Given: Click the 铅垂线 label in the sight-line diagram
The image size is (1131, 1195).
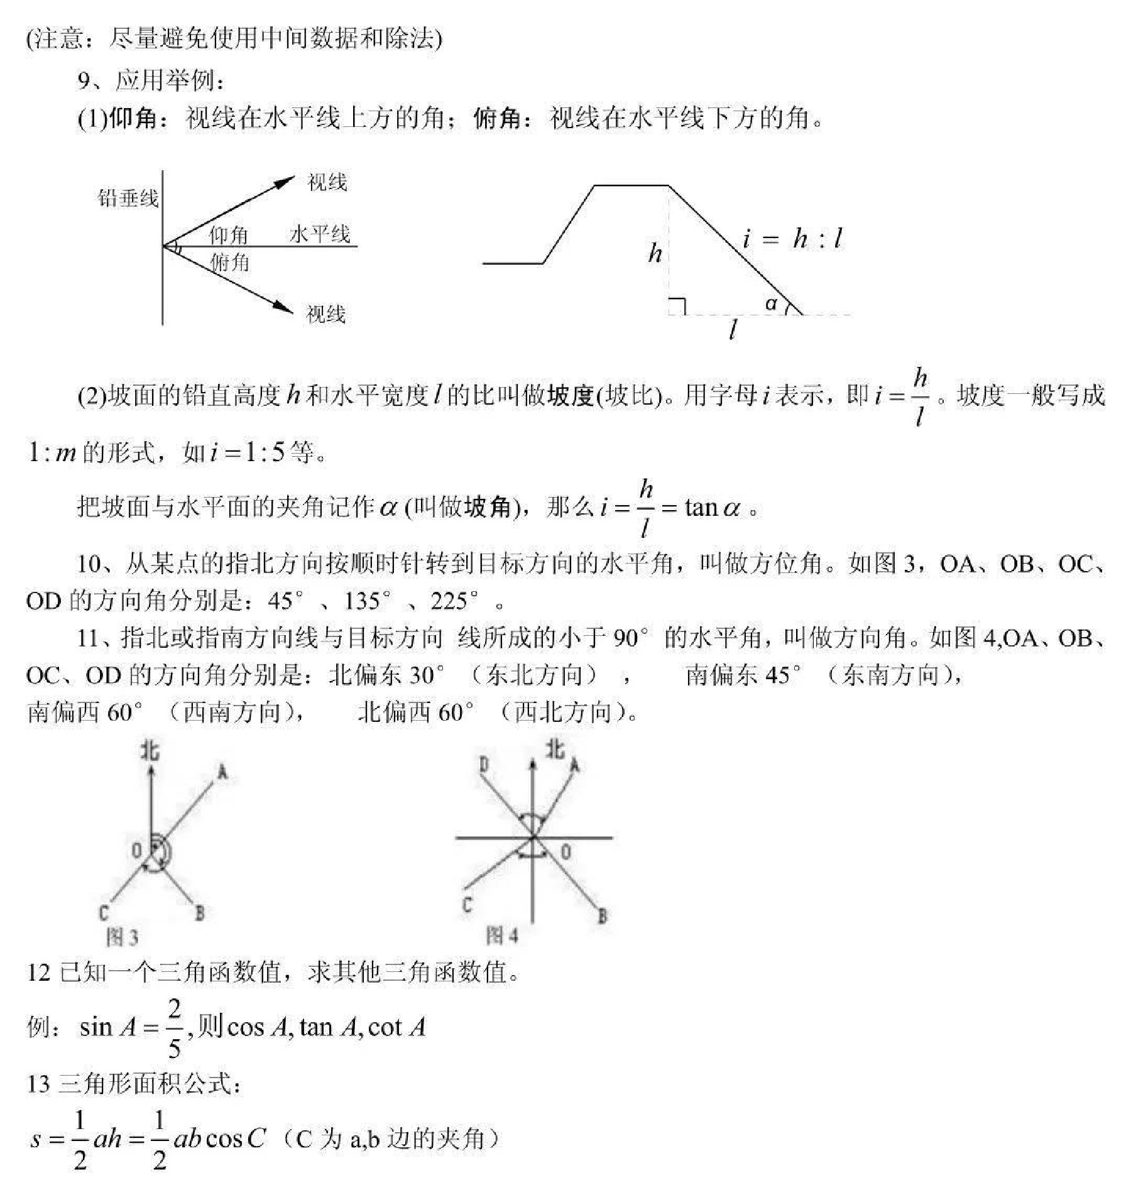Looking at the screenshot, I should point(128,199).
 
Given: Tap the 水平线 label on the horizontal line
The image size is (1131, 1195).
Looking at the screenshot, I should point(319,234).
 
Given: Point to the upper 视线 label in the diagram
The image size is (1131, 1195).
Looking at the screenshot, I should point(327,183).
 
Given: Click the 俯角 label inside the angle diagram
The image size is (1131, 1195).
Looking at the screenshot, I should point(230,262).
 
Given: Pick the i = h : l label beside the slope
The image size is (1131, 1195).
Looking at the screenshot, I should point(792,239).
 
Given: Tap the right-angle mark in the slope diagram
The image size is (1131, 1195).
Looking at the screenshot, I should point(677,306).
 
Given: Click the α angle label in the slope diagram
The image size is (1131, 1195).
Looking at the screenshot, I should point(771,304).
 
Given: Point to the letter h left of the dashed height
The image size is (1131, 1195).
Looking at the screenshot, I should point(655,253).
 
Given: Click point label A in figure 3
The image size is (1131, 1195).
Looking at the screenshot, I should point(222,772).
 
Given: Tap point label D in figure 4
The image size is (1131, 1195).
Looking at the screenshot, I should point(484,765).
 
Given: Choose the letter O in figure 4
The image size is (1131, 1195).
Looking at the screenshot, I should point(565,851).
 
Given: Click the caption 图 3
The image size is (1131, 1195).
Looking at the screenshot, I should point(122,937).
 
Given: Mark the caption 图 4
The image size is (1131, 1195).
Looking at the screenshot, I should point(502,936).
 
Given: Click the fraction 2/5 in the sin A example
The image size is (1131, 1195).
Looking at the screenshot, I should point(174,1028).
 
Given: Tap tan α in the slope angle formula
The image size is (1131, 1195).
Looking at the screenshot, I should point(712,507).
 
